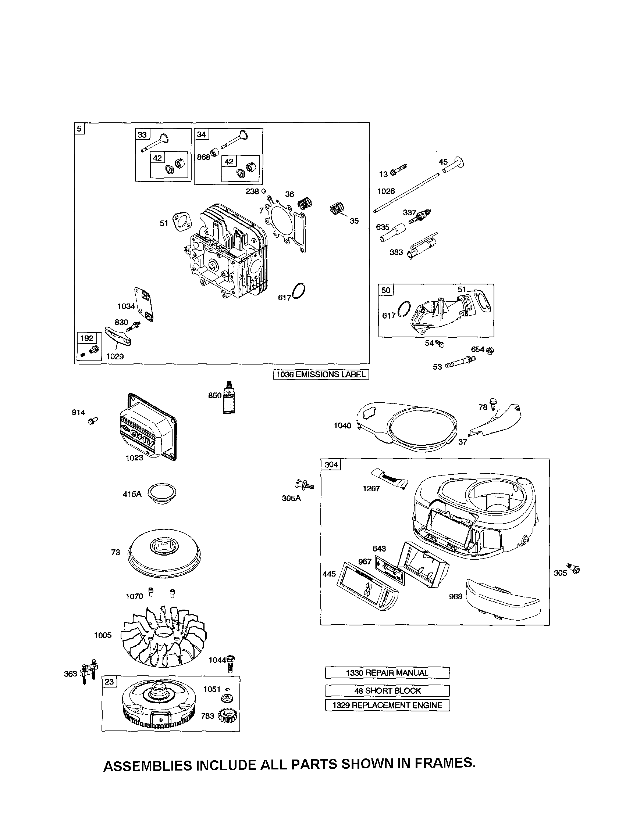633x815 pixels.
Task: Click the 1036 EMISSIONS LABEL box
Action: coord(321,374)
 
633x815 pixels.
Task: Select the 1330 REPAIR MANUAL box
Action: coord(387,673)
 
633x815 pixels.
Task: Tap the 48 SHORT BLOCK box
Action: coord(387,691)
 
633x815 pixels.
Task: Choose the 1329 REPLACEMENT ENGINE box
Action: coord(387,705)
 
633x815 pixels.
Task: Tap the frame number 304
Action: coord(331,464)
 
